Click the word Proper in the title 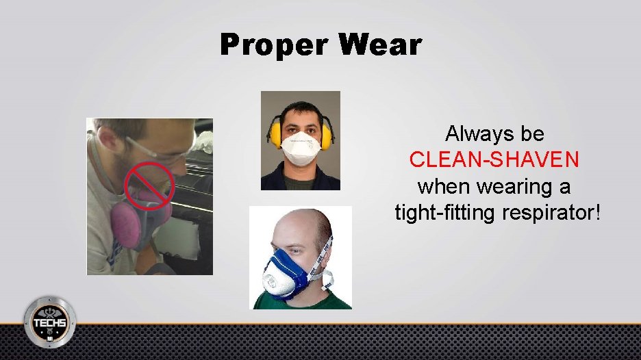pyautogui.click(x=274, y=45)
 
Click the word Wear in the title pyautogui.click(x=381, y=45)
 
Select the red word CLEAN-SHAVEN pyautogui.click(x=494, y=159)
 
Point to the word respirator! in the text pyautogui.click(x=551, y=211)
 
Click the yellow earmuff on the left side pyautogui.click(x=275, y=137)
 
